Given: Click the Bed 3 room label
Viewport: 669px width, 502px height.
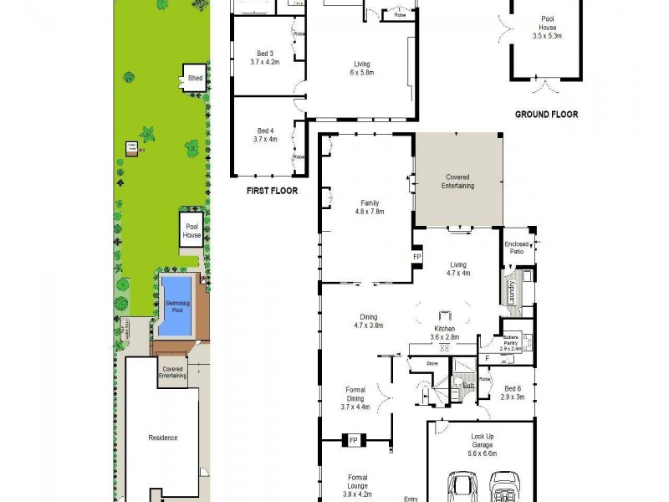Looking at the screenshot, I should pyautogui.click(x=264, y=57).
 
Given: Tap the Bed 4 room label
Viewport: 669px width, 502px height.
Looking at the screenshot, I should pyautogui.click(x=264, y=135).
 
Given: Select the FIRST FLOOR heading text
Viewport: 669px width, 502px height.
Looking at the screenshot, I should pyautogui.click(x=272, y=191).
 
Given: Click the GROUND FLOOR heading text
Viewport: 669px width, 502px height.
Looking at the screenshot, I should pyautogui.click(x=546, y=115).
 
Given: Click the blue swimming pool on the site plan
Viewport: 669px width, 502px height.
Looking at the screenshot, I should pyautogui.click(x=175, y=306).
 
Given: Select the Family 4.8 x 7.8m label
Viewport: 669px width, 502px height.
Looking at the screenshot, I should pyautogui.click(x=368, y=207).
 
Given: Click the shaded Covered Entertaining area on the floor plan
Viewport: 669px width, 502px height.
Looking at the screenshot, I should pyautogui.click(x=457, y=181).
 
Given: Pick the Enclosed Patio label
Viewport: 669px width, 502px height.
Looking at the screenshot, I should pyautogui.click(x=517, y=247).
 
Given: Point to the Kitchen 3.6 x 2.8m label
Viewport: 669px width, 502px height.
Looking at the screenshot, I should pyautogui.click(x=443, y=333).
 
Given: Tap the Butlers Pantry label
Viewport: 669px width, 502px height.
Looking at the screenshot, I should pyautogui.click(x=511, y=341).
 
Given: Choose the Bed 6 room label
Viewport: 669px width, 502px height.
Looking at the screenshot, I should pyautogui.click(x=514, y=392).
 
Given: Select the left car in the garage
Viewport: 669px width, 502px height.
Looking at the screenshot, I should pyautogui.click(x=462, y=487).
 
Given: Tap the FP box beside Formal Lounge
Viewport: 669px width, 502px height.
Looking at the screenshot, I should pyautogui.click(x=354, y=440).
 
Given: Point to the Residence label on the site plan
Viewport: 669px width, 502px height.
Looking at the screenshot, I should pyautogui.click(x=162, y=438).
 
